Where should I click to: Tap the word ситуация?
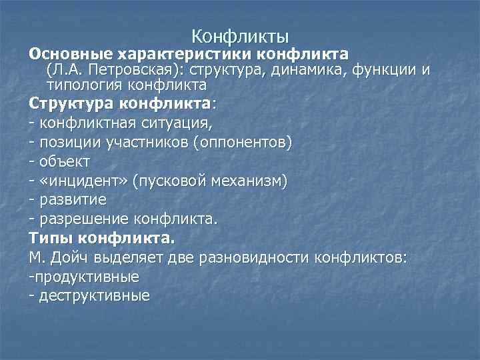click(x=176, y=123)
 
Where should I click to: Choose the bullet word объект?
click(x=65, y=161)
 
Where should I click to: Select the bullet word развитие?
click(x=72, y=199)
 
